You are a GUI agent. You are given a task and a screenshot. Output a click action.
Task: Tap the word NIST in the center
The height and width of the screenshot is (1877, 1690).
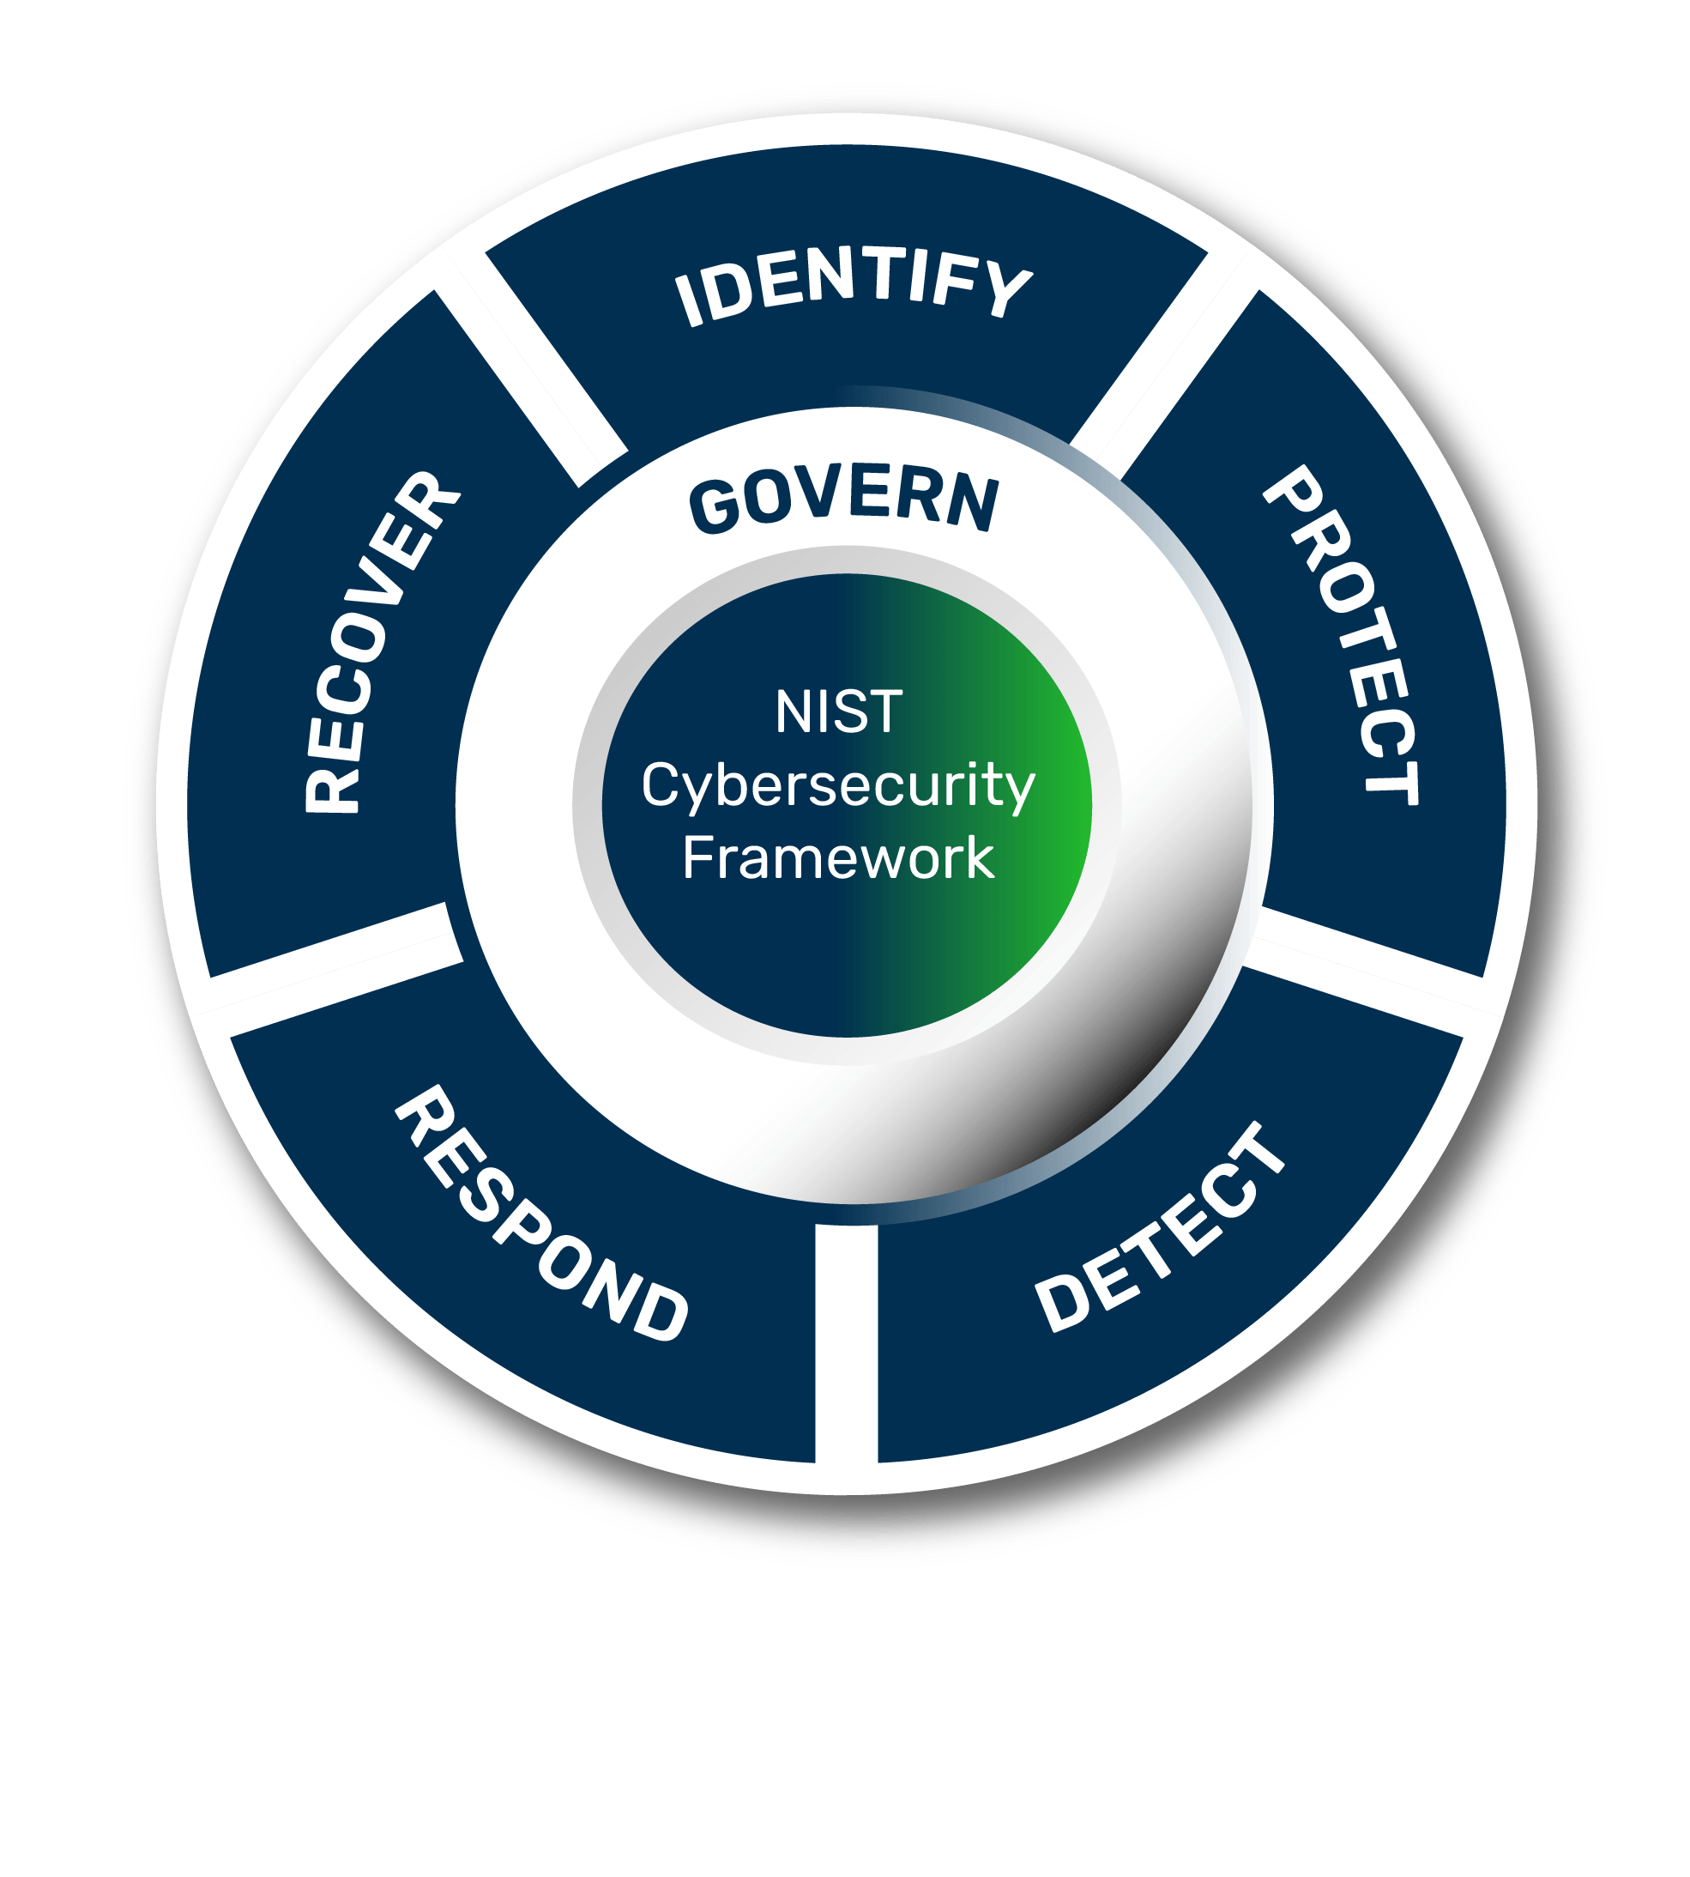click(838, 712)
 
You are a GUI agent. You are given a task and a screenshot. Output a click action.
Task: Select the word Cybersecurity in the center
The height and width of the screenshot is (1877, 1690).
click(837, 785)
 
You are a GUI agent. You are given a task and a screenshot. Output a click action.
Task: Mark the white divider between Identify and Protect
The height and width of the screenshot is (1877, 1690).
click(1165, 366)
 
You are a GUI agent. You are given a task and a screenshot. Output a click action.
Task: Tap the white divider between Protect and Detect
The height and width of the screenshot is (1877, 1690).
click(1361, 971)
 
